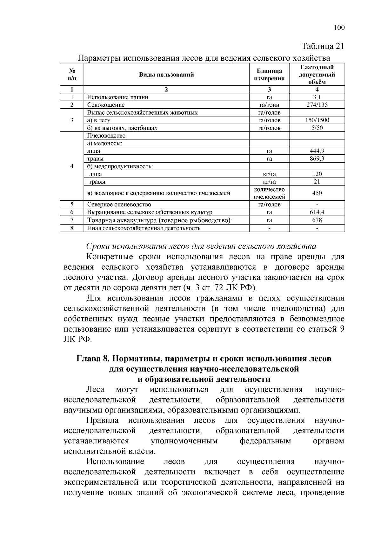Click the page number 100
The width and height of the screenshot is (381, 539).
pos(339,28)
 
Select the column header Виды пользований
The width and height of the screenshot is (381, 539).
pos(166,75)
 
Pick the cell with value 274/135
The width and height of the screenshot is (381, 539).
pos(317,105)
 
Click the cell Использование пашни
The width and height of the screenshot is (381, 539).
pos(118,97)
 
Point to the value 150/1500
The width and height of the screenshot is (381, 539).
pos(317,120)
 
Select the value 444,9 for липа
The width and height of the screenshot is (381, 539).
pos(317,151)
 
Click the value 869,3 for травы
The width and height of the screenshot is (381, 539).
pos(317,158)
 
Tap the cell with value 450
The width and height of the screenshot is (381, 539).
pos(317,193)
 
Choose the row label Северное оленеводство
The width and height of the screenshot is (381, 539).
pos(119,205)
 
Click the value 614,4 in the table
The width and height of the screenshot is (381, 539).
pos(317,212)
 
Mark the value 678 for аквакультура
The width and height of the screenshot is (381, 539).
pos(317,220)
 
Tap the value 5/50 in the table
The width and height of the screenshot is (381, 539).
pos(317,128)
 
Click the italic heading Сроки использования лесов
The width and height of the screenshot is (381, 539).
pos(201,246)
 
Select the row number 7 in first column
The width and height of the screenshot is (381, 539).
pos(72,220)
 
